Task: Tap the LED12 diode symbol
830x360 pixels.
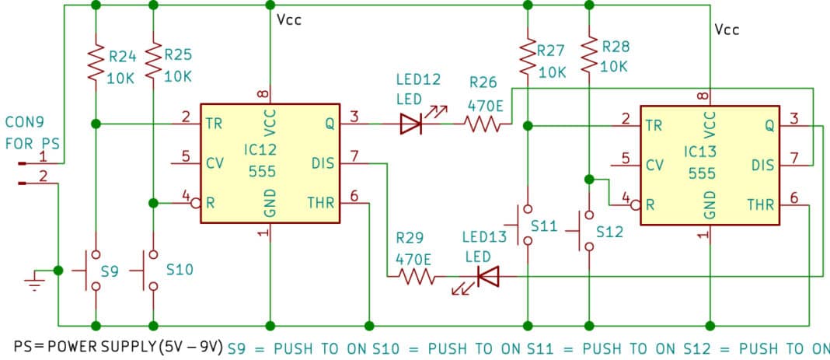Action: coord(410,124)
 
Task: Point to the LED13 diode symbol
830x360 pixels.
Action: coord(487,276)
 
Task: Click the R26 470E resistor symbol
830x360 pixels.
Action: coord(482,124)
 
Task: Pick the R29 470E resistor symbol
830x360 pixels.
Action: coord(417,276)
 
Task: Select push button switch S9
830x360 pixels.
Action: coord(95,270)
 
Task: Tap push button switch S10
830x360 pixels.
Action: coord(152,270)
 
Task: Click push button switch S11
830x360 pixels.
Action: coord(528,225)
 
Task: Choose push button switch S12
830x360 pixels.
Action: coord(588,231)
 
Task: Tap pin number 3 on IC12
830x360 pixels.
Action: coord(354,117)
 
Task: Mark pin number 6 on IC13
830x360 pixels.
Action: coord(793,197)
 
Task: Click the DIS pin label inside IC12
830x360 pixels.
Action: coord(323,164)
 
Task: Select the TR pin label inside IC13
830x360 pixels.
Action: coord(654,125)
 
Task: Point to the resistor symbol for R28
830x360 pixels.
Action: coord(588,56)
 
